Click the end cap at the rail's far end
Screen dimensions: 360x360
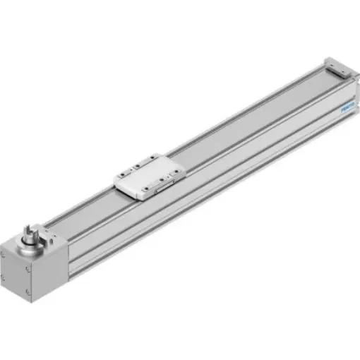(337, 67)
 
